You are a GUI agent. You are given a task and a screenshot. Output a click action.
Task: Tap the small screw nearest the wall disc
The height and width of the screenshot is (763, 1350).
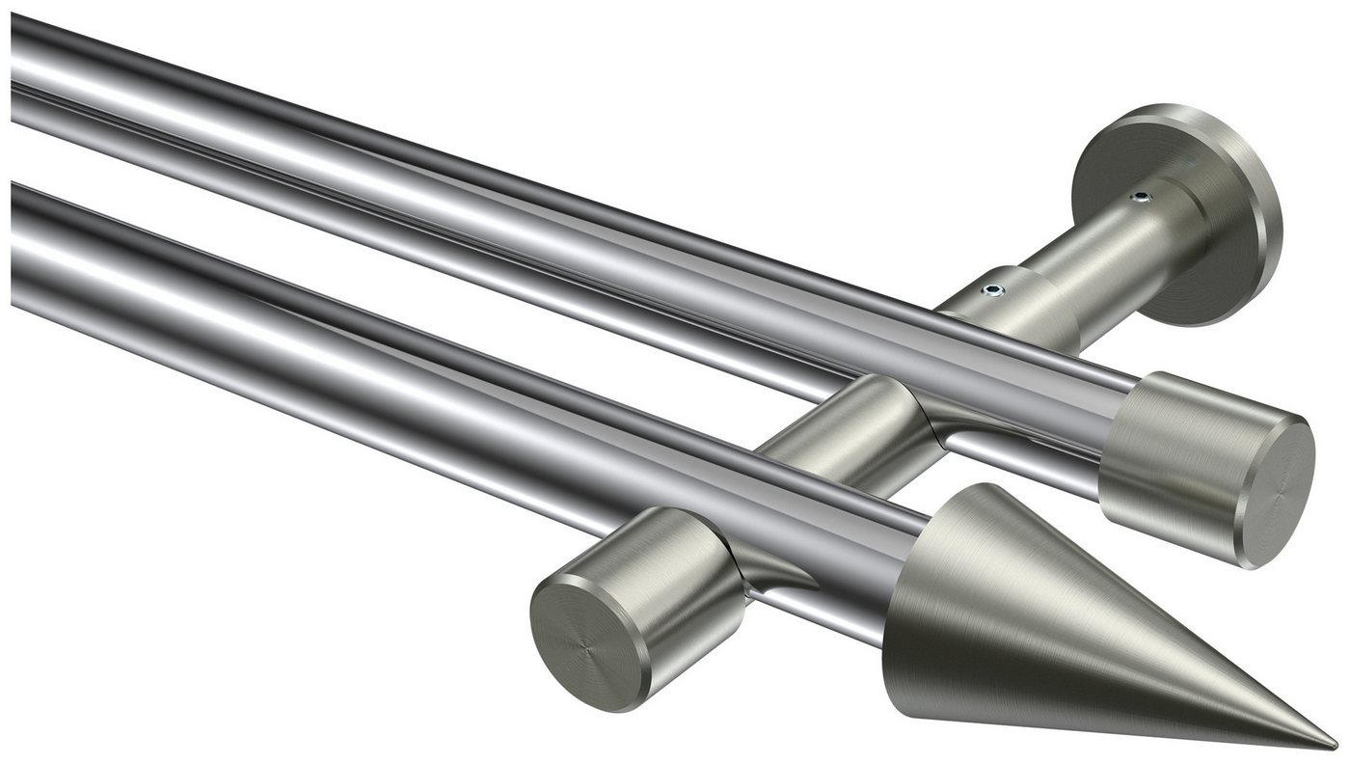(1143, 199)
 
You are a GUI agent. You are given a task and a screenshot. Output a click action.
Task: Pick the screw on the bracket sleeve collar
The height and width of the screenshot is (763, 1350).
(992, 287)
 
